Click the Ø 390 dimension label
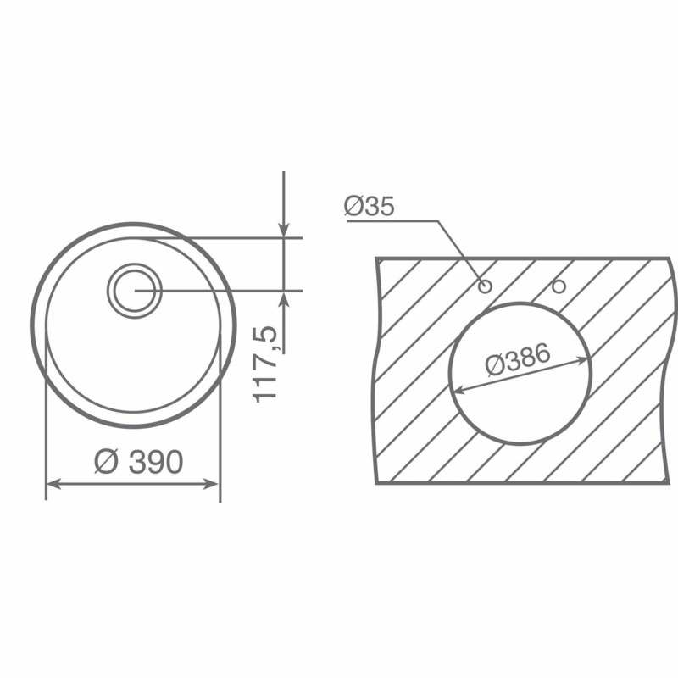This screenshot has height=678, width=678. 139,462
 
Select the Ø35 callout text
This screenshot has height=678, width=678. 369,207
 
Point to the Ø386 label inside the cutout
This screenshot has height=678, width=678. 518,360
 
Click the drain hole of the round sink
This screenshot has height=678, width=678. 132,291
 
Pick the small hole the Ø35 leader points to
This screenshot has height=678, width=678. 485,286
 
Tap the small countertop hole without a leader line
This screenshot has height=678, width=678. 559,286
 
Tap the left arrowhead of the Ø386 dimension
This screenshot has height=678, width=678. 459,389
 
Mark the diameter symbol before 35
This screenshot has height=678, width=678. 353,207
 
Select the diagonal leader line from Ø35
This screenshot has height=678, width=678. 458,250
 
